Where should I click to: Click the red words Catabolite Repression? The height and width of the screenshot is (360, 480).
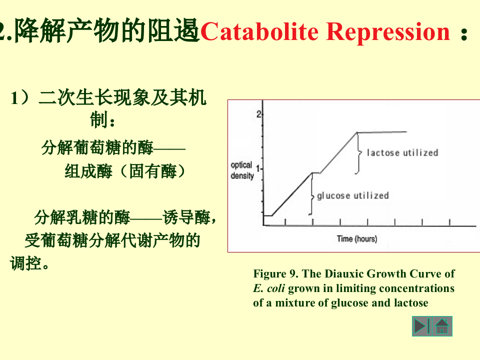pos(325,32)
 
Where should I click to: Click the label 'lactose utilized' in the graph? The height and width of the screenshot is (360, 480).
pos(402,152)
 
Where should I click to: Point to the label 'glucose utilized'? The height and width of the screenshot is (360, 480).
pos(353,195)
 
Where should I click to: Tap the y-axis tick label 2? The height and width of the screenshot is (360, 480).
pos(258,114)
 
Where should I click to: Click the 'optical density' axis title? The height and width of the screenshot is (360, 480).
pos(242,170)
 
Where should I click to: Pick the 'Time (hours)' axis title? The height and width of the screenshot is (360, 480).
pos(357,239)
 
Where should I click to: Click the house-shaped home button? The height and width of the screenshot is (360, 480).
pos(442,326)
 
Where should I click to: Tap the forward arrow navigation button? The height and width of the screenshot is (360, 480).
pos(421,326)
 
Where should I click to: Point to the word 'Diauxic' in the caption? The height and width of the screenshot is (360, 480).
pos(346,274)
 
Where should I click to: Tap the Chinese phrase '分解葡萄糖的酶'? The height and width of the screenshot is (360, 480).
pos(97,148)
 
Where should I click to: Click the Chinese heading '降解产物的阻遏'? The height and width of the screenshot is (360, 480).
pos(107,32)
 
